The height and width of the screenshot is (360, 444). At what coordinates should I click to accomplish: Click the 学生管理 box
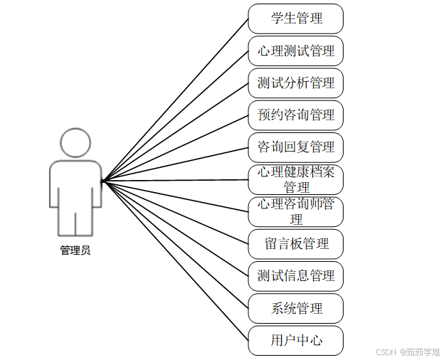point(295,18)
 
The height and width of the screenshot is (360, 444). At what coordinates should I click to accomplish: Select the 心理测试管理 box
point(295,51)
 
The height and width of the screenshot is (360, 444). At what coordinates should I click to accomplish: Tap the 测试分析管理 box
point(295,83)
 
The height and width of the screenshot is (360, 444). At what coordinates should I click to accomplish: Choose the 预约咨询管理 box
point(295,115)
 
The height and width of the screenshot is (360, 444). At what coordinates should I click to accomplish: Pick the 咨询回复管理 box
point(295,147)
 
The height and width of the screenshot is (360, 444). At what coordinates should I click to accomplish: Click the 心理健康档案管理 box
point(295,179)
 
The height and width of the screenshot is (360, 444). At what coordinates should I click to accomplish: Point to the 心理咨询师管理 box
point(295,211)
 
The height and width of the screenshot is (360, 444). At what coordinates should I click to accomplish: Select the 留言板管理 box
point(295,244)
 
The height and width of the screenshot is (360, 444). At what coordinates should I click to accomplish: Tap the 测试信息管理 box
point(295,276)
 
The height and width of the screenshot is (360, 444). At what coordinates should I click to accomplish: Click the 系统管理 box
point(295,309)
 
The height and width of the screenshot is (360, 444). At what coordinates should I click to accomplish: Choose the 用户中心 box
point(295,341)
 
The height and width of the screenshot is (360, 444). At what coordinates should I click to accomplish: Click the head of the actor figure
point(75,142)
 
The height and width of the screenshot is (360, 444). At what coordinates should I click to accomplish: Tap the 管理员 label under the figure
point(75,250)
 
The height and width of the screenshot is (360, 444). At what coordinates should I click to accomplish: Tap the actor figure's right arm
point(95,185)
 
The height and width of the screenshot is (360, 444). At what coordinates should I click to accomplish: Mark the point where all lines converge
point(103,181)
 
